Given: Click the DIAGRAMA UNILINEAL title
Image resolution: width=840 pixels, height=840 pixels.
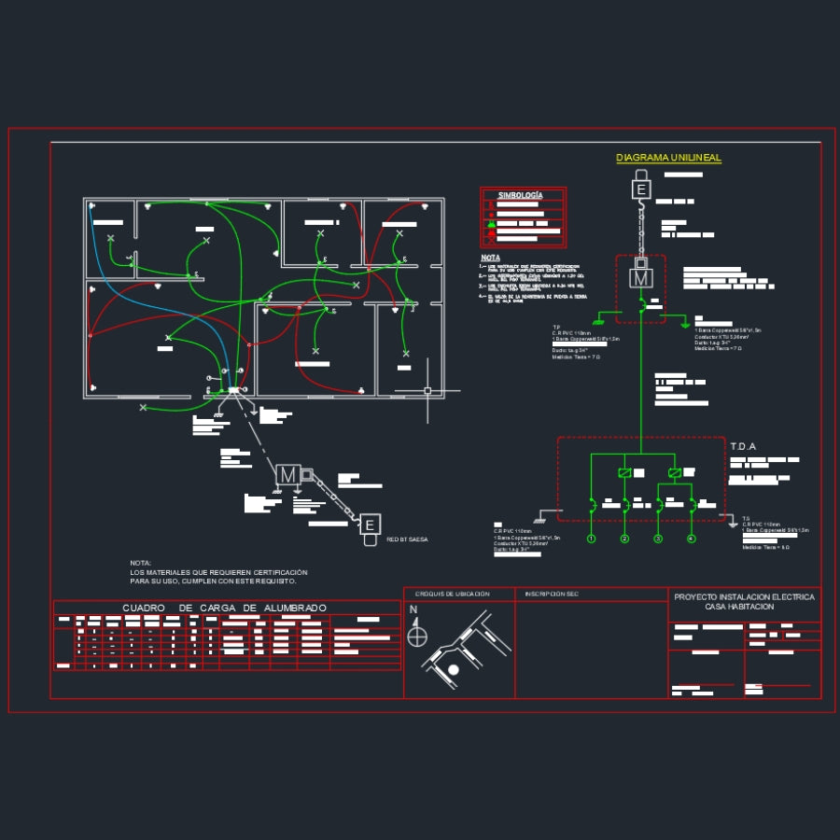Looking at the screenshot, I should pos(668,159).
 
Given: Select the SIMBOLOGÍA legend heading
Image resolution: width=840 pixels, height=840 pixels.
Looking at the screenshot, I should pos(520,195).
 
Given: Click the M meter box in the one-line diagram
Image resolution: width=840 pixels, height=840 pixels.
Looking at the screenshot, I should pos(641,277).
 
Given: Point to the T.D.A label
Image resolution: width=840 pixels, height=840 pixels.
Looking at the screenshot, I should pos(743,446).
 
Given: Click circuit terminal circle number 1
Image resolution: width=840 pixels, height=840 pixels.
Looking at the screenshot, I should pos(592,539).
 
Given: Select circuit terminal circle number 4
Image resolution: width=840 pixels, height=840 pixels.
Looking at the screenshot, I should pos(692,539).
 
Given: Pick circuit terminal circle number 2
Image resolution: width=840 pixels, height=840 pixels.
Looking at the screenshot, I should pos(625,539).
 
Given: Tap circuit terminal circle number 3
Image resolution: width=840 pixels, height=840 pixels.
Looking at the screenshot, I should pos(658,539).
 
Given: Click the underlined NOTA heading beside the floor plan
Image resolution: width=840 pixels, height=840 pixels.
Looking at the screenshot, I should pos(490,258).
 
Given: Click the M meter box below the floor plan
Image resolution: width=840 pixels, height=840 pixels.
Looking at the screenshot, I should pos(287,475).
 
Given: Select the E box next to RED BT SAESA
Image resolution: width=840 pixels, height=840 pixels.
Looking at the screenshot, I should pos(371,525).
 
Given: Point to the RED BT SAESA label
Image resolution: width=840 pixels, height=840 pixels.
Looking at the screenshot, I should pos(407,540).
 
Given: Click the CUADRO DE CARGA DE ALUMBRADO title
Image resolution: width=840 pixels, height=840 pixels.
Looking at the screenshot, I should pos(225,609).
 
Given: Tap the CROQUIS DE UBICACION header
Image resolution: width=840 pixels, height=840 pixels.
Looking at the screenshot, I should pos(452,594).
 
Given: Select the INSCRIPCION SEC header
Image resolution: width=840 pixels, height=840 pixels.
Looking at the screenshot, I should pos(552,594).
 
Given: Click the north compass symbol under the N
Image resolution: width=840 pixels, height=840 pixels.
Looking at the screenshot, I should pos(417,636).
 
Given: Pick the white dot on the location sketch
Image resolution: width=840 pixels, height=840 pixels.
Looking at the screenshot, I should pos(454,669).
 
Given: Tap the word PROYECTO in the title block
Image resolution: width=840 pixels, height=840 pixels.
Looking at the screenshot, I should pos(694,596).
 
